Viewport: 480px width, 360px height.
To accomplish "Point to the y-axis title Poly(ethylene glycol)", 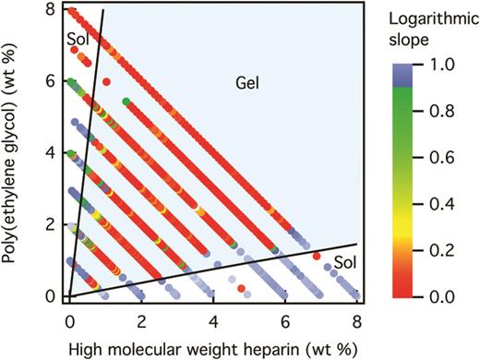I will pos(14,152).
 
